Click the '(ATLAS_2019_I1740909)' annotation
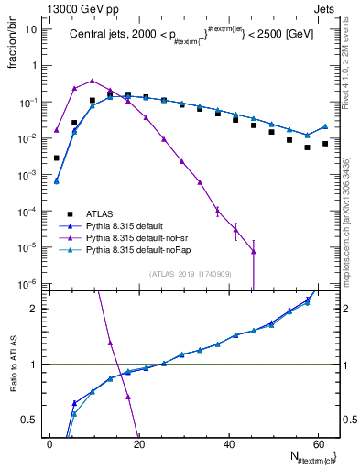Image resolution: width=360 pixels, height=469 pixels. click(189, 273)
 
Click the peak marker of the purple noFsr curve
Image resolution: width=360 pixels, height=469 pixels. click(93, 81)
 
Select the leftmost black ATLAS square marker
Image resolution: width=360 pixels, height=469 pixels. click(57, 158)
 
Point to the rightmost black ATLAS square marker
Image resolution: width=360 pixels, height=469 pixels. click(325, 143)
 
